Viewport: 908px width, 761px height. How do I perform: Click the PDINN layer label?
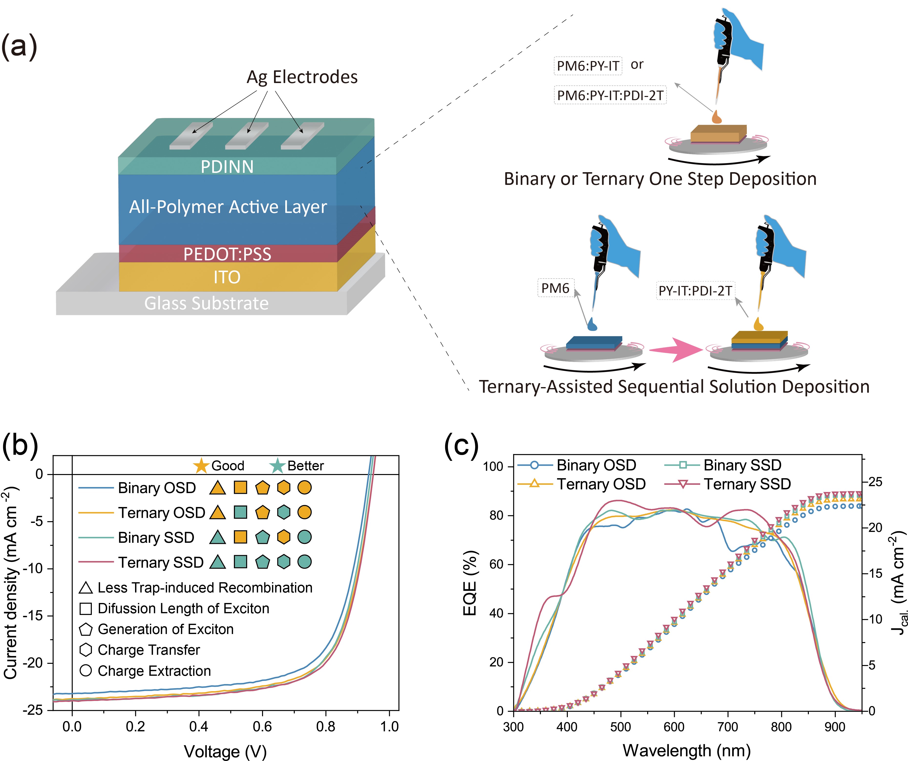pos(227,167)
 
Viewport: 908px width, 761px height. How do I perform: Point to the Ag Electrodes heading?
pos(302,77)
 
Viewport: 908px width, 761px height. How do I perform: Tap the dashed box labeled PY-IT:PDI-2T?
pos(695,291)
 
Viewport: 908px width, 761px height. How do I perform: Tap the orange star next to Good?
pos(201,466)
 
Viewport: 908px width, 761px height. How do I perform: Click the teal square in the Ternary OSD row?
pos(240,512)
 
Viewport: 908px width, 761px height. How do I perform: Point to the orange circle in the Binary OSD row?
pos(304,488)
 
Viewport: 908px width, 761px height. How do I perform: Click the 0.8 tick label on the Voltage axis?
pos(326,726)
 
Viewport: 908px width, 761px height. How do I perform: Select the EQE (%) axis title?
pos(470,583)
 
